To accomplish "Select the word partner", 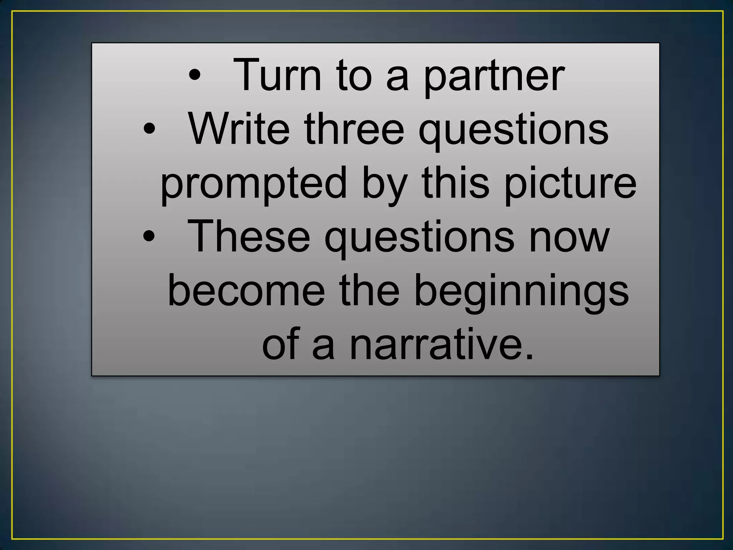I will click(494, 77).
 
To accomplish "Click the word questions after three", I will click(513, 131).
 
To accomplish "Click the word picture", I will click(571, 184).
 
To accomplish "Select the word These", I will click(248, 237).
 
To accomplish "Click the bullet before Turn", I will click(195, 75).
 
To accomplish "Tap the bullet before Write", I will click(149, 129).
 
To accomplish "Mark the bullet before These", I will click(149, 236).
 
